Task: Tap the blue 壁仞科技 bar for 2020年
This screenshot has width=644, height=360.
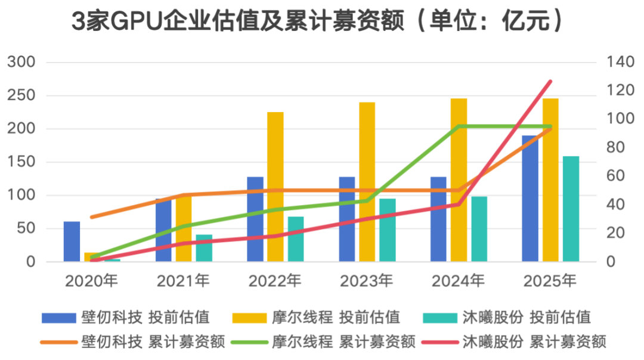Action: (x=72, y=241)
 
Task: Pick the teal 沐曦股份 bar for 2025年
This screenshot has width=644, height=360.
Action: (x=571, y=209)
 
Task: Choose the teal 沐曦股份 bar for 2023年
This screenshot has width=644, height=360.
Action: (x=388, y=230)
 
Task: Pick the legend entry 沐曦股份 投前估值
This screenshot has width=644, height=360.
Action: (x=507, y=317)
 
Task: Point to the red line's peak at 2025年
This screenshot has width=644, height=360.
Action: (x=550, y=82)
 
